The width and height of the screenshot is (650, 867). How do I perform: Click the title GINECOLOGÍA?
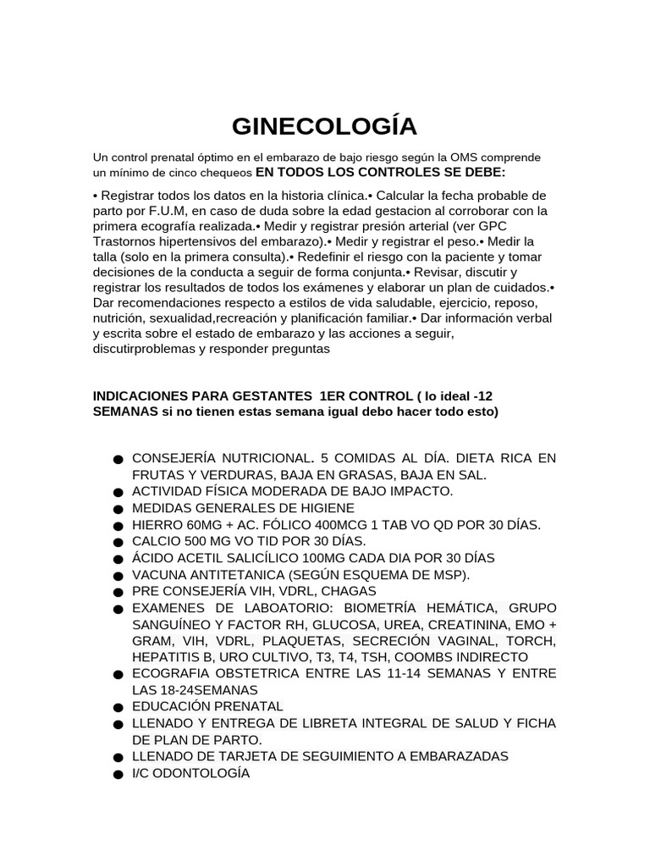tap(325, 126)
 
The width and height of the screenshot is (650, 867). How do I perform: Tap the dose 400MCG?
tap(334, 525)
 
